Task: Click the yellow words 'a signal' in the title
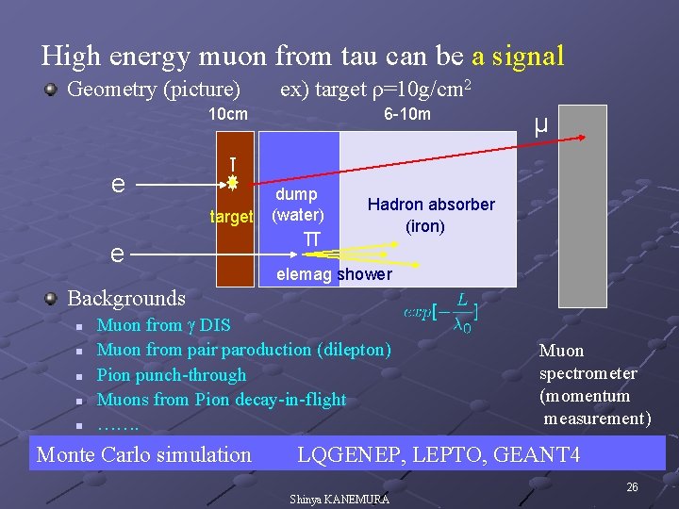click(x=518, y=57)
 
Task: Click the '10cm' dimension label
click(x=228, y=115)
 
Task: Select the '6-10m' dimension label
click(x=407, y=115)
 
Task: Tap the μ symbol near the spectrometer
click(x=540, y=124)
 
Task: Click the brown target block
click(x=235, y=254)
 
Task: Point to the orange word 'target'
click(x=231, y=217)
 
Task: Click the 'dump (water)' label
click(x=297, y=205)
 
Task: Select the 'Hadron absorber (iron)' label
click(x=431, y=215)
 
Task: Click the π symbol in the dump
click(x=311, y=240)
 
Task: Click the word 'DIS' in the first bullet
click(x=214, y=326)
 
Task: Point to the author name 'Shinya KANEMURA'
click(x=339, y=499)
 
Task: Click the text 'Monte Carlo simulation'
click(x=143, y=455)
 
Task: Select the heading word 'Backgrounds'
click(x=126, y=299)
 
